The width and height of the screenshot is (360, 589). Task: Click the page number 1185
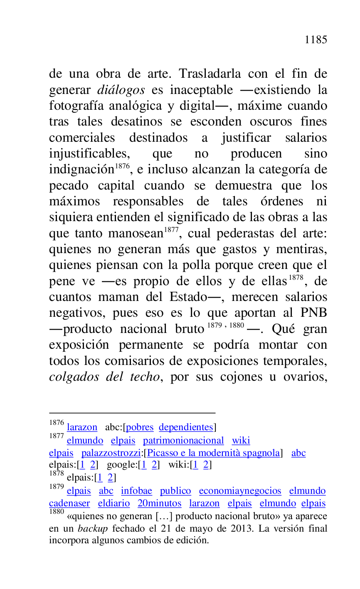click(316, 40)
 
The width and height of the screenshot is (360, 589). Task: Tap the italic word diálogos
click(121, 90)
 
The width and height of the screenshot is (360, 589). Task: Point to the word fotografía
click(75, 106)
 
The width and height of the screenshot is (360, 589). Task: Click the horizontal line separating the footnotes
click(132, 413)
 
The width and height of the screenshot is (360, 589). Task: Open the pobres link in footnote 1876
click(140, 427)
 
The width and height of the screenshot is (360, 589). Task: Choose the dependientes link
click(186, 427)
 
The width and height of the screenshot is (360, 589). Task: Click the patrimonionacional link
click(183, 441)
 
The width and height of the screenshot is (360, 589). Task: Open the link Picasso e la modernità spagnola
click(214, 453)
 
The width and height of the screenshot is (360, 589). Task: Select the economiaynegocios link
click(240, 491)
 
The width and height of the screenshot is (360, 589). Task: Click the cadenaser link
click(69, 503)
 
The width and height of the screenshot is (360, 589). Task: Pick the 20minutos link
click(159, 503)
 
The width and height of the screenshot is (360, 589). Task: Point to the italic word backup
click(93, 529)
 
